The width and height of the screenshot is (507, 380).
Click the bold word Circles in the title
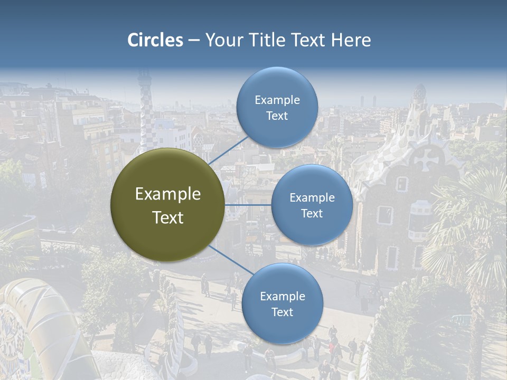pyautogui.click(x=155, y=40)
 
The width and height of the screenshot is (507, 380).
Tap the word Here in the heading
pyautogui.click(x=351, y=40)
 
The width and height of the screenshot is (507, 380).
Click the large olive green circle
pyautogui.click(x=167, y=205)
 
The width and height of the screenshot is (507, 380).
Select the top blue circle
pyautogui.click(x=277, y=107)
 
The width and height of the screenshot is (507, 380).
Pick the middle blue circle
pyautogui.click(x=312, y=205)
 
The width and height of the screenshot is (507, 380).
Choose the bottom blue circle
pyautogui.click(x=282, y=303)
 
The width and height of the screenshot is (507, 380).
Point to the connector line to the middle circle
pyautogui.click(x=248, y=205)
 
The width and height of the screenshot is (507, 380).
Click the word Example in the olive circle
pyautogui.click(x=168, y=194)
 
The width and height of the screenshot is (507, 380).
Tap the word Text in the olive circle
pyautogui.click(x=168, y=217)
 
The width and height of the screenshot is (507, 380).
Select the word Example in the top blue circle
pyautogui.click(x=277, y=100)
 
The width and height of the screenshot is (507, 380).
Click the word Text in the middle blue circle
pyautogui.click(x=312, y=213)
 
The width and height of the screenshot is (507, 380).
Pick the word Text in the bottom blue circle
pyautogui.click(x=282, y=312)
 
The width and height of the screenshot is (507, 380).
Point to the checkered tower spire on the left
pyautogui.click(x=144, y=100)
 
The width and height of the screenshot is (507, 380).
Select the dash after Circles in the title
pyautogui.click(x=194, y=41)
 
